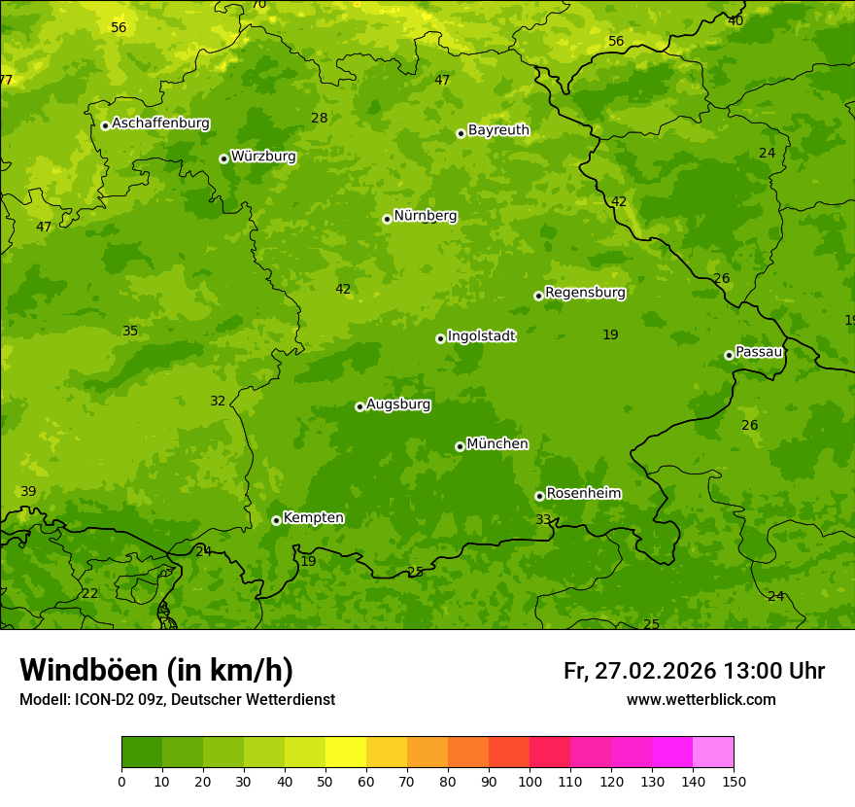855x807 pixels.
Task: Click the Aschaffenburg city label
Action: (160, 123)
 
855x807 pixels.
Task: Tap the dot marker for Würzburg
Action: (223, 158)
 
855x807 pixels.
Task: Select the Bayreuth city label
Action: (498, 130)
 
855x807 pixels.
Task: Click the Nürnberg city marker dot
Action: (387, 219)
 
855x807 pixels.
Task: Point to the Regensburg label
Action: (585, 293)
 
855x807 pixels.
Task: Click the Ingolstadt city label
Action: (481, 336)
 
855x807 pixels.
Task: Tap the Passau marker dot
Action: (729, 355)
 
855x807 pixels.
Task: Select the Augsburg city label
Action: (398, 404)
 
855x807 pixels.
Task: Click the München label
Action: (497, 444)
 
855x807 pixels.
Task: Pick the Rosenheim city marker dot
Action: (539, 496)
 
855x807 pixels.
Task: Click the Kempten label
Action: (313, 518)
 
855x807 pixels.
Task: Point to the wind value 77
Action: (6, 80)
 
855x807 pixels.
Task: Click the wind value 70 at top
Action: (258, 5)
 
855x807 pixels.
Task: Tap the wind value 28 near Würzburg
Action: (319, 119)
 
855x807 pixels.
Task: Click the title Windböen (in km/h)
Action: (156, 670)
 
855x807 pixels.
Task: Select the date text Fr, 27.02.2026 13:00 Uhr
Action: (694, 671)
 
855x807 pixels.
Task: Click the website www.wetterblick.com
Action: (701, 700)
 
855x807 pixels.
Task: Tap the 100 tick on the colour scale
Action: (530, 781)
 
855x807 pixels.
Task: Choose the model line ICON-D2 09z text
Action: (177, 700)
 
